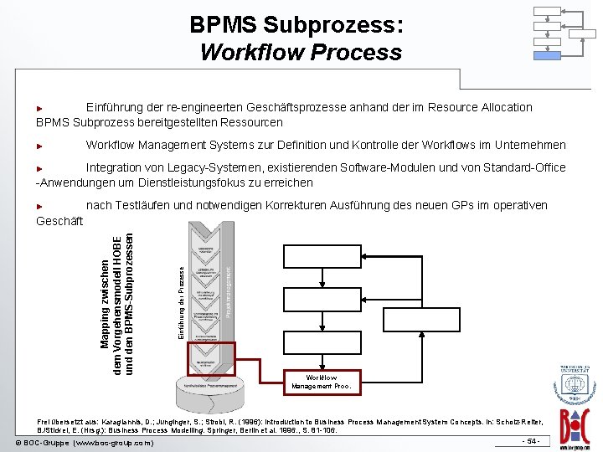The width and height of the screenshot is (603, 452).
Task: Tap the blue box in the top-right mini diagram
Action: tap(548, 54)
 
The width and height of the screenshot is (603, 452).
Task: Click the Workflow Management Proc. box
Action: tap(322, 382)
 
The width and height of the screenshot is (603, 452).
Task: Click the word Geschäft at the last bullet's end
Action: tap(59, 221)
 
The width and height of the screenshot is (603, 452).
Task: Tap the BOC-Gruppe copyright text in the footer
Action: tap(84, 441)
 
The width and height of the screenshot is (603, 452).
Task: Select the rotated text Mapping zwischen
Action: tap(105, 301)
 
